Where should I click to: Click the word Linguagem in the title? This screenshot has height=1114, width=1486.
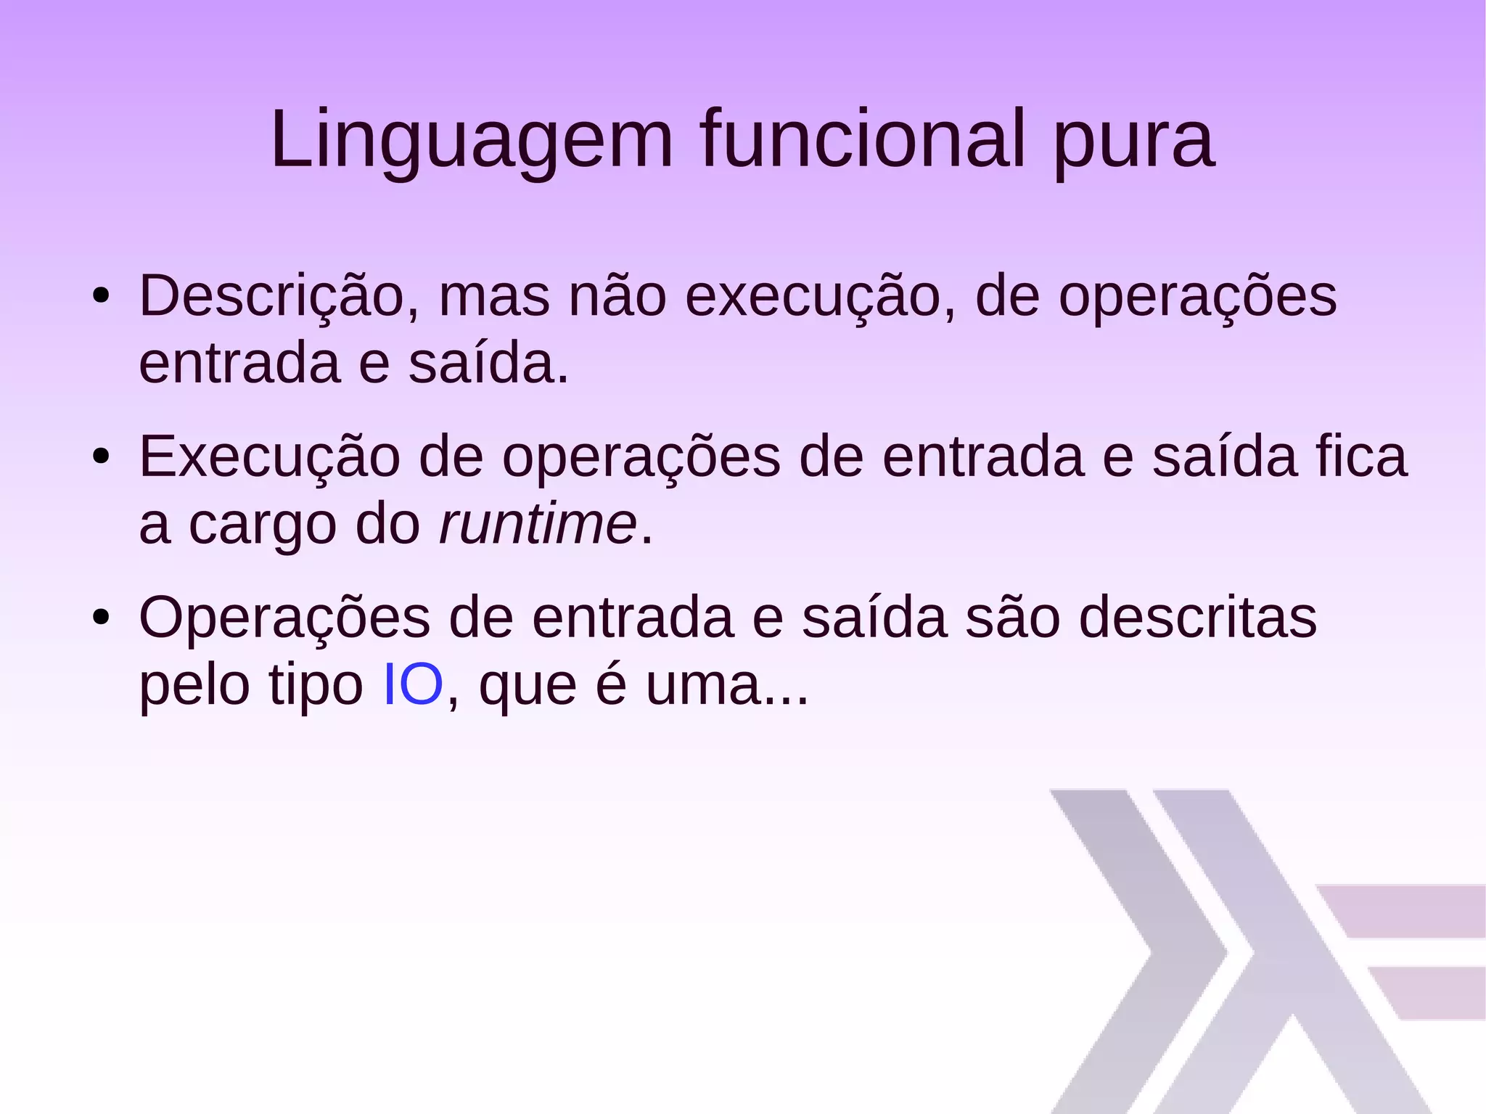(x=472, y=139)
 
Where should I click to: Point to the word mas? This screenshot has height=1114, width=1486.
(x=494, y=297)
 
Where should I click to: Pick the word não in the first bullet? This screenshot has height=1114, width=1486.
(x=617, y=295)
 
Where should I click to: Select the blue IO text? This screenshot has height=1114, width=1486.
(x=412, y=684)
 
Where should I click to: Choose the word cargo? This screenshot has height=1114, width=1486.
(x=262, y=525)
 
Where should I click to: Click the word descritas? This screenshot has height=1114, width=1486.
(x=1197, y=618)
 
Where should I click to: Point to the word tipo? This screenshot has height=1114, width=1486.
(x=316, y=685)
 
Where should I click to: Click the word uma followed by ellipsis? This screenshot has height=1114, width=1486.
(x=726, y=685)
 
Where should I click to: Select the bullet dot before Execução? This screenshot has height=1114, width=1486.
(x=101, y=456)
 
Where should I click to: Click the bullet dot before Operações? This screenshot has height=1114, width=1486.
(x=101, y=618)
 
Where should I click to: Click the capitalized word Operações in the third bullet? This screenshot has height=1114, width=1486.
(x=284, y=618)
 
